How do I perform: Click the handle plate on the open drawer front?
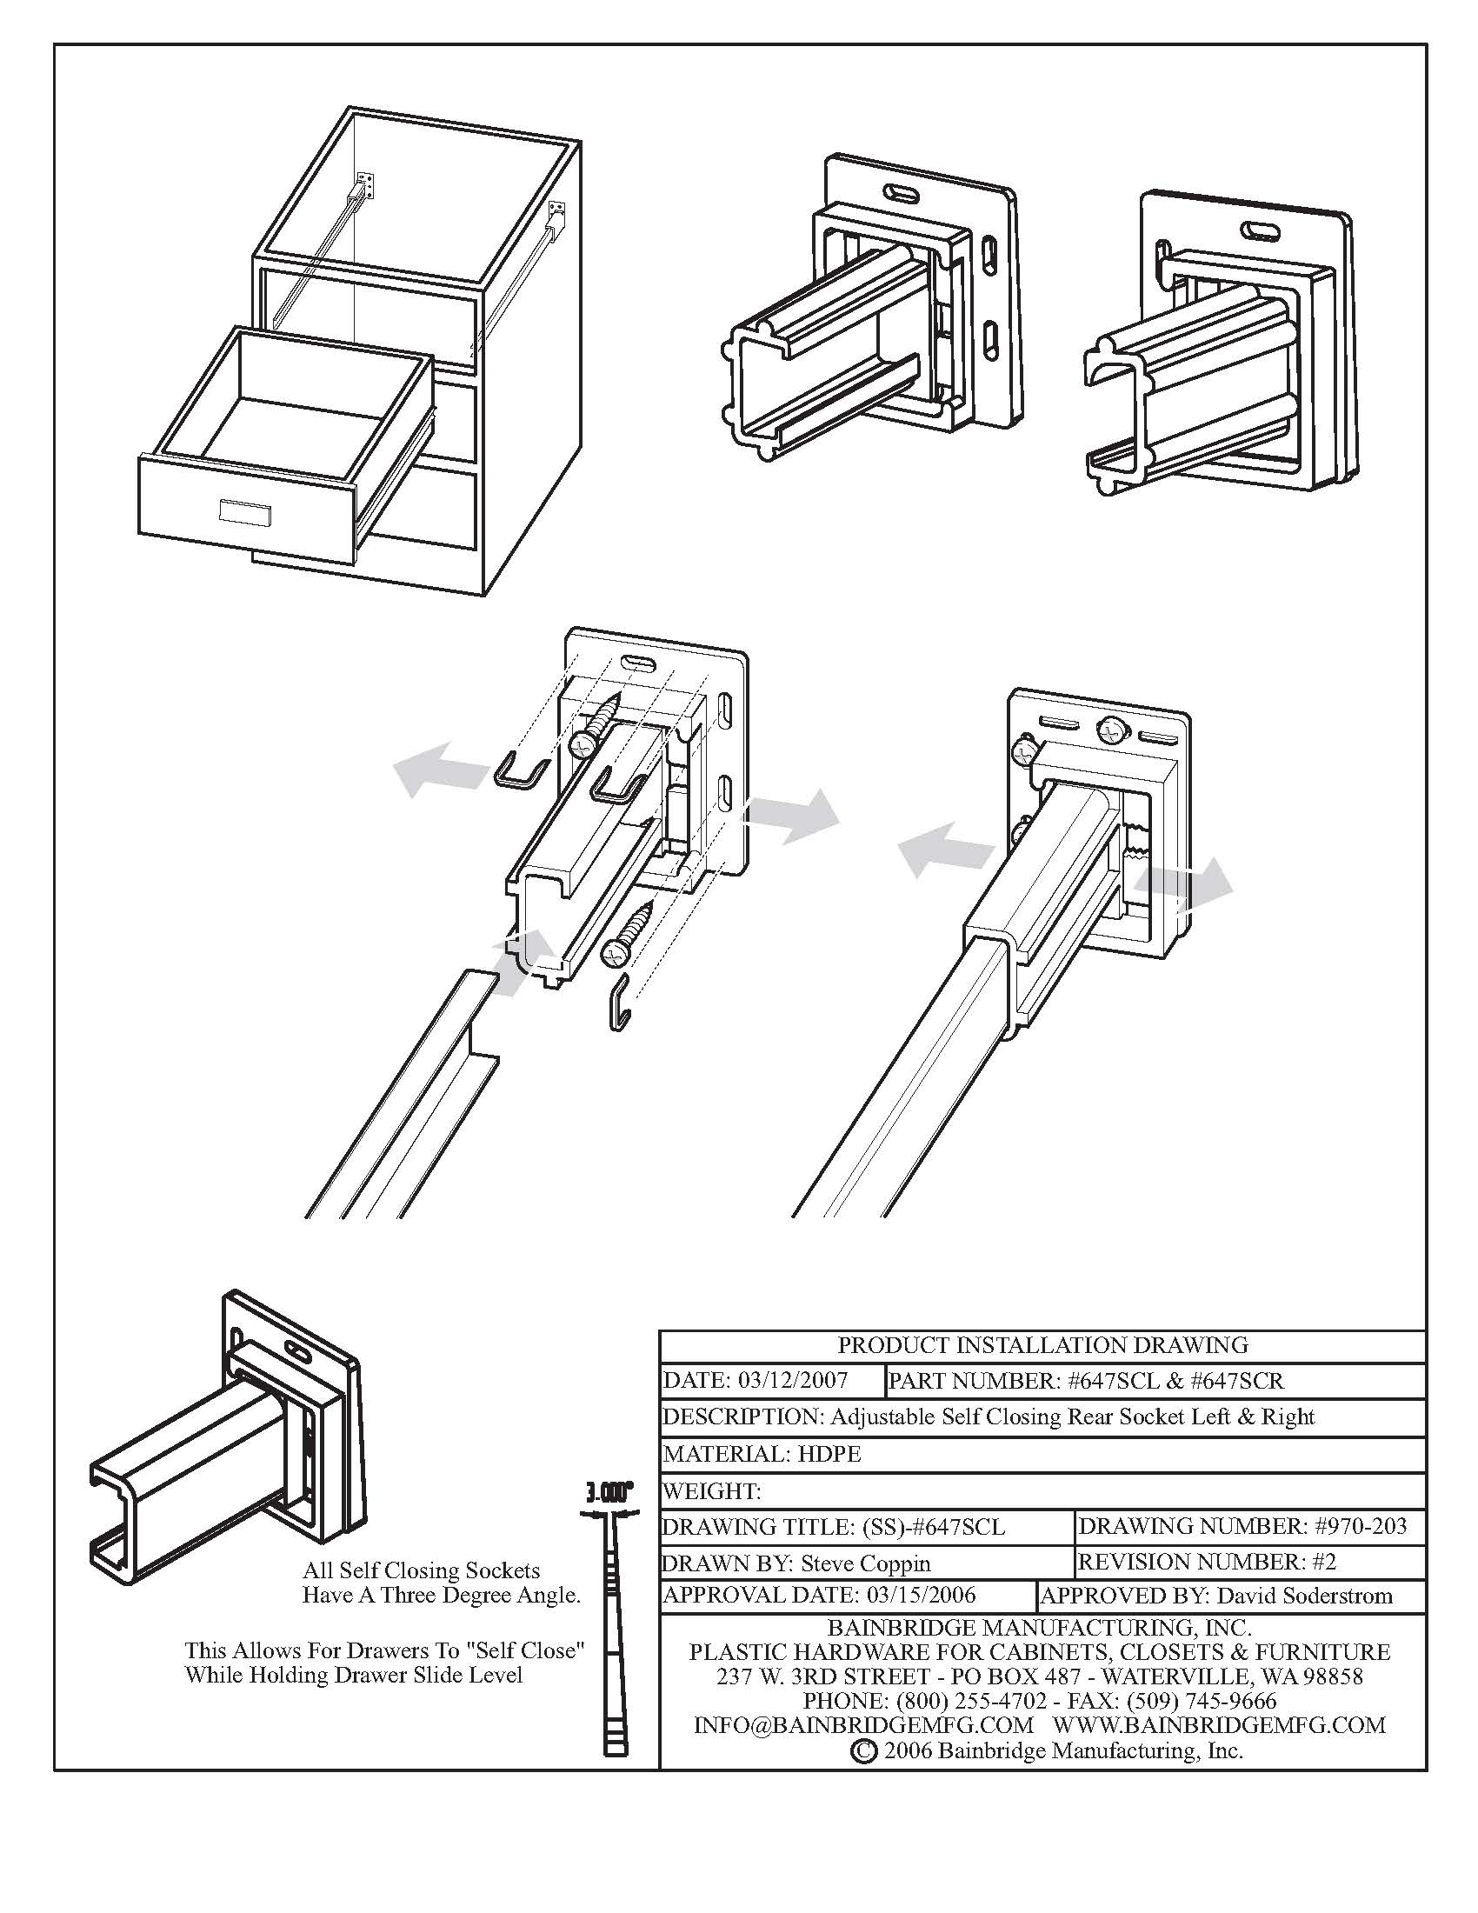245,513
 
